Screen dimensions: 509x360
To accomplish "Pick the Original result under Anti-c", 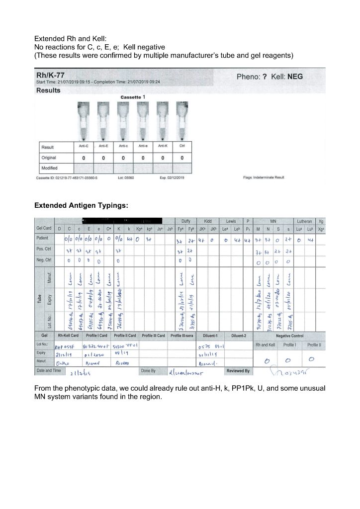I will (123, 158).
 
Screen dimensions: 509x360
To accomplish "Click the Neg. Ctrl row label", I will (46, 260).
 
